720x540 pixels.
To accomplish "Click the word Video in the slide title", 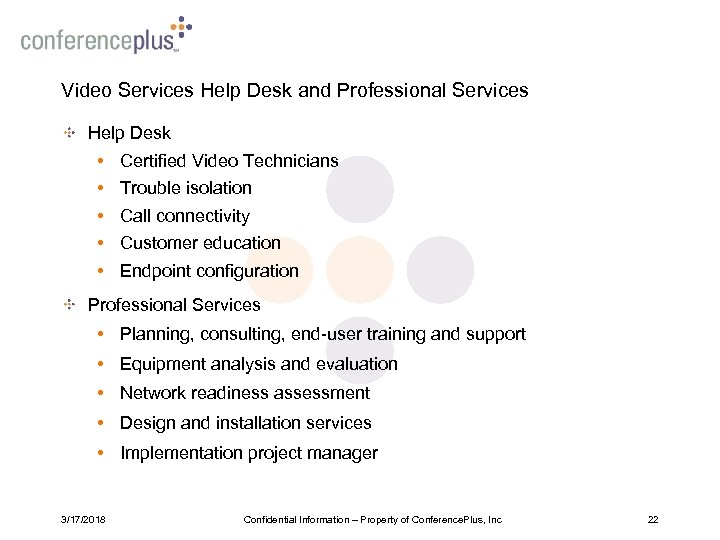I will coord(84,91).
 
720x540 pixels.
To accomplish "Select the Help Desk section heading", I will coord(129,133).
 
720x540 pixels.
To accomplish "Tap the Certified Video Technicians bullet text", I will coord(229,161).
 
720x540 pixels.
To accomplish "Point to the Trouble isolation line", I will coord(185,188).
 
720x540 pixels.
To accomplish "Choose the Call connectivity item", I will coord(184,216).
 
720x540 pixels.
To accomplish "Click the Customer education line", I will coord(200,243).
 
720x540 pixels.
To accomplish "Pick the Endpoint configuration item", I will coord(209,271).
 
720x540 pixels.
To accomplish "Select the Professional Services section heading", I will coord(174,305).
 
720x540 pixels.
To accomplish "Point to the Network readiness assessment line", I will coord(244,393).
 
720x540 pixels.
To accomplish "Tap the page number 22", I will coord(653,519).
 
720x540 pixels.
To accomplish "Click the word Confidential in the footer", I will coord(268,519).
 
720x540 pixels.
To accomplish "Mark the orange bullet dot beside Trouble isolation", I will coord(102,188).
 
